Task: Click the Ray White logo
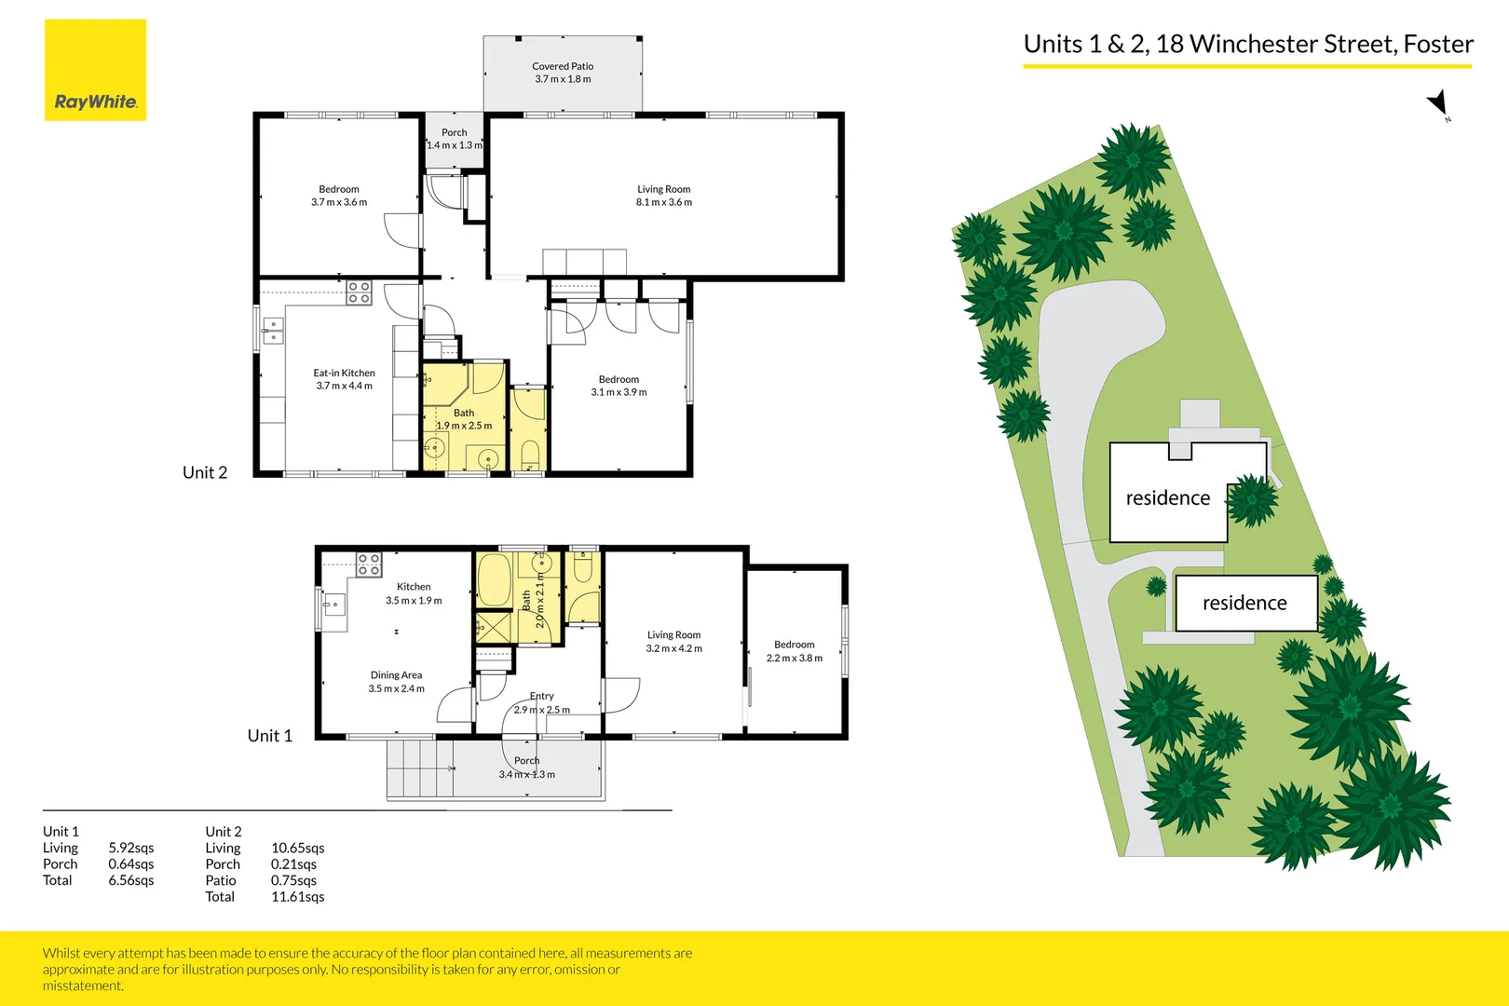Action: [95, 70]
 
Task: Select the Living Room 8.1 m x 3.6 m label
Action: [663, 196]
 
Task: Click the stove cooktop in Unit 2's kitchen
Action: [359, 292]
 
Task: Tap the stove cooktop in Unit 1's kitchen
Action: [369, 564]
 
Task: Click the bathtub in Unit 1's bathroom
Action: [496, 580]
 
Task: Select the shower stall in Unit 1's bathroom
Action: [494, 627]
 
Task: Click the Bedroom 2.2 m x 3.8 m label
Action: [795, 651]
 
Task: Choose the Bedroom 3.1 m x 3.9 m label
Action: [619, 386]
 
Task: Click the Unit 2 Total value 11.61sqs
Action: [297, 896]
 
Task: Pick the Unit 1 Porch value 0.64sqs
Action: [130, 863]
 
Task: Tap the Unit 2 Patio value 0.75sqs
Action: [293, 880]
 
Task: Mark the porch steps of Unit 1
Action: [420, 768]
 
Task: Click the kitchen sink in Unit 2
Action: [273, 331]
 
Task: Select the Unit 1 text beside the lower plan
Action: [269, 735]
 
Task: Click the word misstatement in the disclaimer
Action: [82, 986]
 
